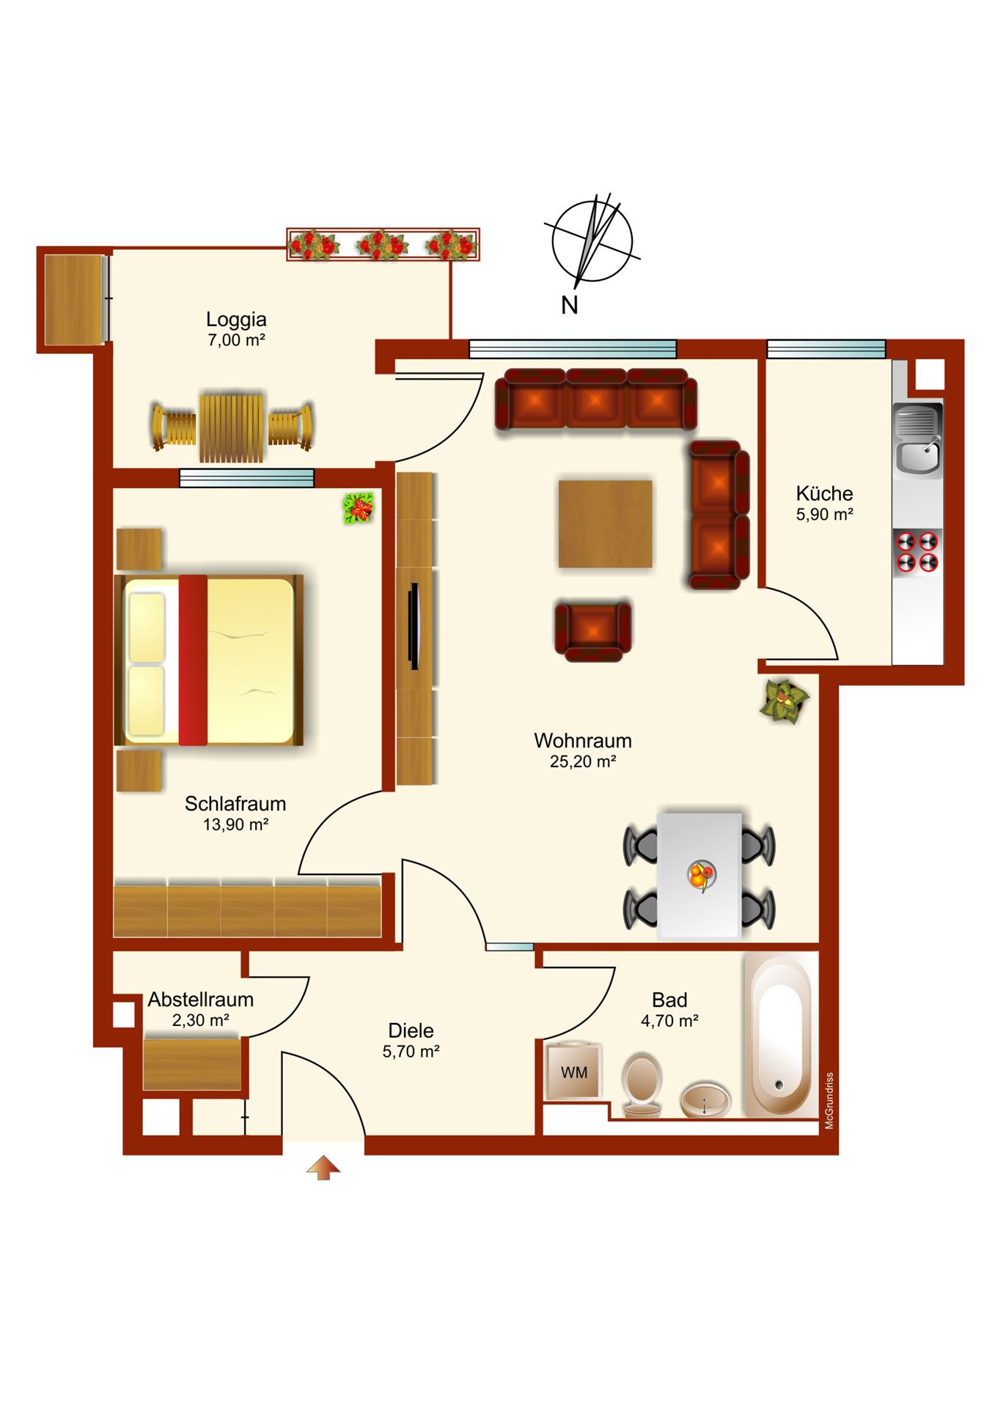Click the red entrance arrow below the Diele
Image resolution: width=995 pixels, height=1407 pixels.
(x=323, y=1167)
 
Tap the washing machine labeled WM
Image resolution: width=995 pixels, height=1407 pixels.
(x=573, y=1071)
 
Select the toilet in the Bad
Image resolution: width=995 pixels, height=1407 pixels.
(x=642, y=1085)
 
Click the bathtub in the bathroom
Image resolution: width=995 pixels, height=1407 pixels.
(x=780, y=1034)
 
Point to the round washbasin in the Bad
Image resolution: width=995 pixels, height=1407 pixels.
(x=705, y=1100)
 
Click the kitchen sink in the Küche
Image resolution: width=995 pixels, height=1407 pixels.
(x=918, y=440)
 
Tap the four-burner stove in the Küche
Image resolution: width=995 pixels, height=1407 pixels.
(x=918, y=551)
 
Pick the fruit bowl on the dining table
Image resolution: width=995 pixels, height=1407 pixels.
(x=701, y=875)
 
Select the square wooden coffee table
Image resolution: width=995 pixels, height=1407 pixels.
(x=605, y=523)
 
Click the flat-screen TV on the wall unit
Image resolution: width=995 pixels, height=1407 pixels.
(x=414, y=627)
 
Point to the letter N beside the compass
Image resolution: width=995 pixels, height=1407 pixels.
(x=570, y=305)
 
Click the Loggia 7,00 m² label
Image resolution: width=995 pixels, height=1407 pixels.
(x=236, y=329)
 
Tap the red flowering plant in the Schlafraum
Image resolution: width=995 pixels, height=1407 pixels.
(x=359, y=508)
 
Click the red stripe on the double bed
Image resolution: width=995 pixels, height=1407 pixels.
(x=193, y=660)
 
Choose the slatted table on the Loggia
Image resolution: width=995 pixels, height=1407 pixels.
(x=232, y=429)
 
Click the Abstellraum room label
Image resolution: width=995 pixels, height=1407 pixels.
(x=201, y=1000)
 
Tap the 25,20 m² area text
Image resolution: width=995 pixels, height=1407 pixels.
(x=583, y=761)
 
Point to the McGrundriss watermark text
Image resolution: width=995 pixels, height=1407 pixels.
(x=829, y=1101)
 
